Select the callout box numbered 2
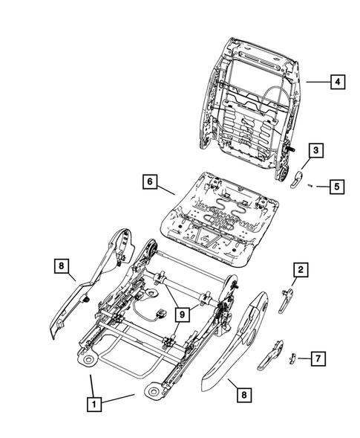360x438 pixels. coord(301,269)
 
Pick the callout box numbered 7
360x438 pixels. coord(317,359)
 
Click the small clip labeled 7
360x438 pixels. coord(292,358)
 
